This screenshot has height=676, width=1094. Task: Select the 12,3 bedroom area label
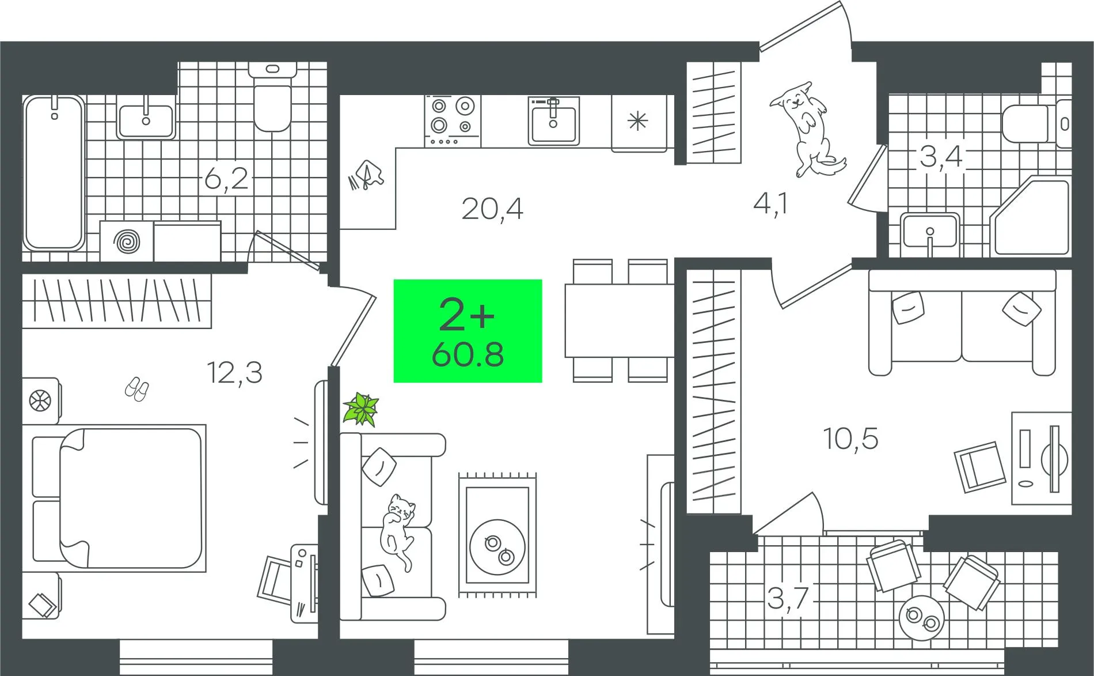[x=235, y=372]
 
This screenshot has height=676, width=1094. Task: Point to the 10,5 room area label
[x=850, y=439]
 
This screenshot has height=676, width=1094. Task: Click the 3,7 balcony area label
[x=789, y=598]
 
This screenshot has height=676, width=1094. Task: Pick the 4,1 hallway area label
[x=770, y=203]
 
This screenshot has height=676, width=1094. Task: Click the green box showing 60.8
[x=468, y=331]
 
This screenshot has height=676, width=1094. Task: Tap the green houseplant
[x=361, y=409]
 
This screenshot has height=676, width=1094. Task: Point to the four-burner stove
[x=453, y=121]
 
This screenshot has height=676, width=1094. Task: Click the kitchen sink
[x=553, y=120]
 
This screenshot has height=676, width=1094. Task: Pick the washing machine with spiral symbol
[x=127, y=241]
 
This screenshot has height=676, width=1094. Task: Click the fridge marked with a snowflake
[x=638, y=122]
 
